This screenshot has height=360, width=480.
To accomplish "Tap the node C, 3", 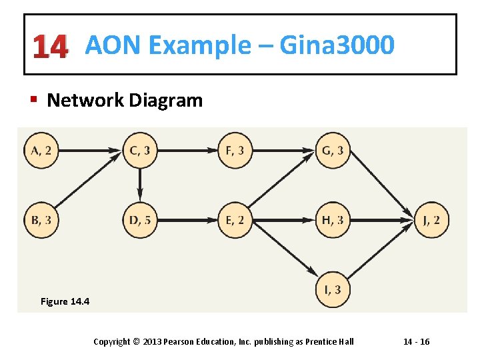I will pyautogui.click(x=140, y=151).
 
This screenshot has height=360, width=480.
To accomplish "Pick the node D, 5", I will pyautogui.click(x=140, y=220).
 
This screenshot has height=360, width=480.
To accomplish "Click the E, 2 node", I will pyautogui.click(x=235, y=220).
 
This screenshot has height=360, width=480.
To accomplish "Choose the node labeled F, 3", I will pyautogui.click(x=235, y=151).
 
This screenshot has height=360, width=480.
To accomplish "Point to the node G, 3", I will pyautogui.click(x=333, y=151).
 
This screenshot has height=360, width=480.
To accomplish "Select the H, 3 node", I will pyautogui.click(x=333, y=220).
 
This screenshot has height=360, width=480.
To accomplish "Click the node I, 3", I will pyautogui.click(x=333, y=290).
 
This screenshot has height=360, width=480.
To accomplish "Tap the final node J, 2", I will pyautogui.click(x=431, y=220).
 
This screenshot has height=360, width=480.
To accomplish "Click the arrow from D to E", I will pyautogui.click(x=187, y=220).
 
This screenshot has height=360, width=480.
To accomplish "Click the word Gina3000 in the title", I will pyautogui.click(x=337, y=45).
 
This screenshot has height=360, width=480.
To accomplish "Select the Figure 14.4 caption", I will pyautogui.click(x=65, y=301).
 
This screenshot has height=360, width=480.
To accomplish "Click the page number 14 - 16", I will pyautogui.click(x=416, y=341).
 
